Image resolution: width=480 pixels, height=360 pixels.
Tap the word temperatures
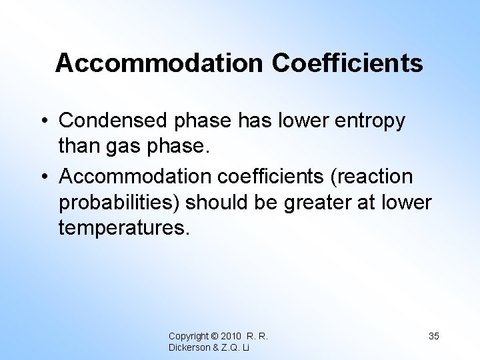point(125,229)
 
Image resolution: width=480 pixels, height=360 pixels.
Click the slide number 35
point(433,335)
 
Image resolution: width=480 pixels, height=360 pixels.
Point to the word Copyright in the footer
point(187,335)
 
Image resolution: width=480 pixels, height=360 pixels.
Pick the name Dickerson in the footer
point(189,347)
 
